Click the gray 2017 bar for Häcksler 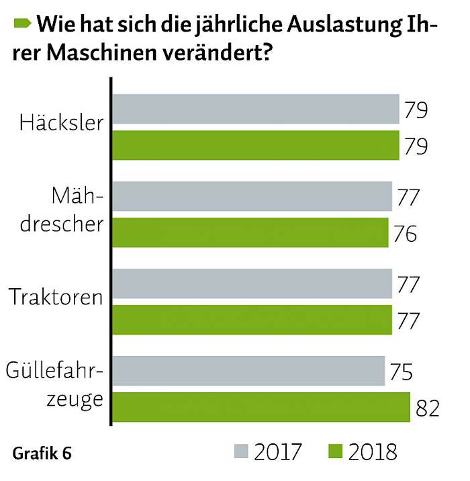[256, 109]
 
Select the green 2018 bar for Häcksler [256, 145]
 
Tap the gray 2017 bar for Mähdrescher [252, 196]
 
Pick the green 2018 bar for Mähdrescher [250, 232]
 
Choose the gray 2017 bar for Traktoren [252, 283]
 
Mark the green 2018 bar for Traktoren [252, 320]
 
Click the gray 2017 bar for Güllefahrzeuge [248, 371]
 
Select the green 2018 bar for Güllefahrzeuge [261, 407]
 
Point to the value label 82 [428, 408]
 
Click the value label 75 [402, 371]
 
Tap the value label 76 [406, 234]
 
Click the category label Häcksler [62, 122]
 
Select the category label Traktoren [56, 297]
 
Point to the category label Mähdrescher [62, 210]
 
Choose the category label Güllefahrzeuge [54, 386]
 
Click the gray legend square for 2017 [241, 451]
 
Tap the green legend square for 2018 [336, 451]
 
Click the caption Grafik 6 [42, 453]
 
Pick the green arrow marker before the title [22, 24]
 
